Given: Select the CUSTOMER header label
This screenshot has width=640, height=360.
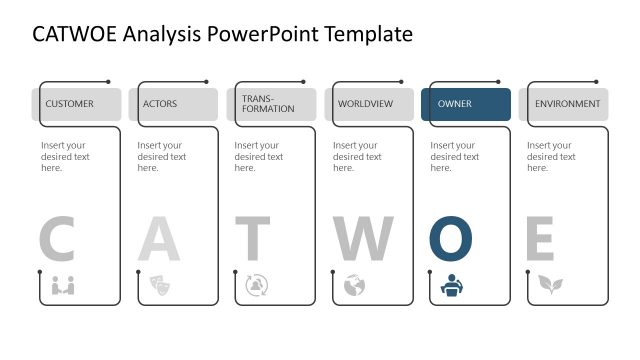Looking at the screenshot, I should click(x=69, y=104).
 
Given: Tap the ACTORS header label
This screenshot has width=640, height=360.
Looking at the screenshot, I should click(x=160, y=104).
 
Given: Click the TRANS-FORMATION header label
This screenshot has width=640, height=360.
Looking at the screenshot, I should click(x=268, y=104).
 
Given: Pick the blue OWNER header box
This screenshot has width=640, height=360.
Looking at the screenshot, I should click(x=466, y=104).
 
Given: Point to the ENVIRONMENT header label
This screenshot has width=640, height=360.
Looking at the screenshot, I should click(x=567, y=104).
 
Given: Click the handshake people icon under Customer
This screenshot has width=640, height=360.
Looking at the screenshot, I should click(x=63, y=285).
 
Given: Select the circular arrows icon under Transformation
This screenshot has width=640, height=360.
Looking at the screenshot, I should click(x=256, y=285).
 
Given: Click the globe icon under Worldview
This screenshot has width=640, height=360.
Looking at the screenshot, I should click(x=353, y=285).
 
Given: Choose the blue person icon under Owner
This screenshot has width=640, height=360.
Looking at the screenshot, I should click(x=451, y=285).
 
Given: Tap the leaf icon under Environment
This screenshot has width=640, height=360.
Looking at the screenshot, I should click(x=549, y=285).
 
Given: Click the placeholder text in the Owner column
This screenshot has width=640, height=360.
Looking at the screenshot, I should click(x=455, y=156).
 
